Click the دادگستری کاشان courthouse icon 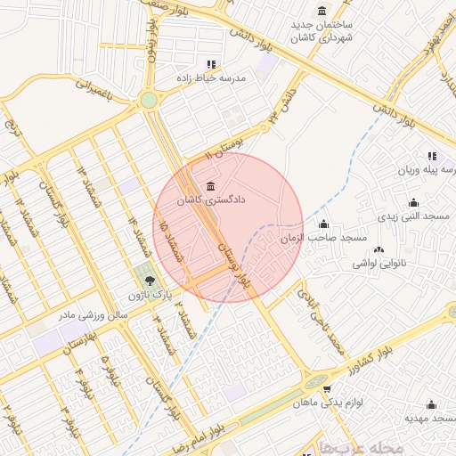(210, 186)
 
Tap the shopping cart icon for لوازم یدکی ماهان (328, 389)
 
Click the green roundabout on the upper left (148, 101)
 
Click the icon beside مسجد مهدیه (431, 404)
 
